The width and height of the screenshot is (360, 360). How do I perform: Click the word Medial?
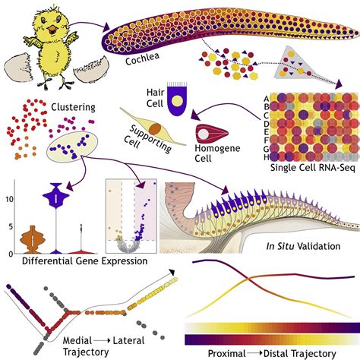click(77, 341)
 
